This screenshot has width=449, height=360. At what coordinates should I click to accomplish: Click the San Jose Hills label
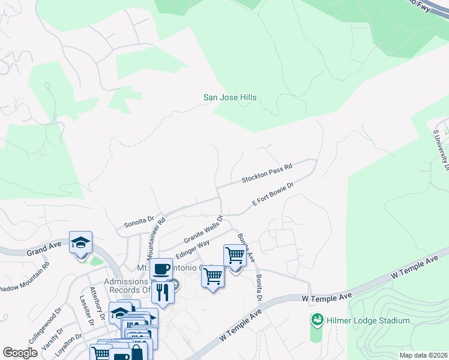point(230,97)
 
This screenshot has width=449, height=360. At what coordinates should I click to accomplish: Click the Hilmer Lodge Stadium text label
point(368,320)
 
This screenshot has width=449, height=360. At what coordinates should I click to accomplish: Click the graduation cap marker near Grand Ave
point(80,243)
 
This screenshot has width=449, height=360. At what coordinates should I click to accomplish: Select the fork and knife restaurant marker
point(163,292)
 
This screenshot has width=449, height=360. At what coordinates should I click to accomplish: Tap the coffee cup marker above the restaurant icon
point(160,269)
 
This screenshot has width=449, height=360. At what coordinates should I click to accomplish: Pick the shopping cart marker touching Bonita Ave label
point(235,256)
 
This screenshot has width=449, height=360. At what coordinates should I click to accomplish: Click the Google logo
point(20,353)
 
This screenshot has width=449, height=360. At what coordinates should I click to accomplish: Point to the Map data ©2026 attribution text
point(423,355)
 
